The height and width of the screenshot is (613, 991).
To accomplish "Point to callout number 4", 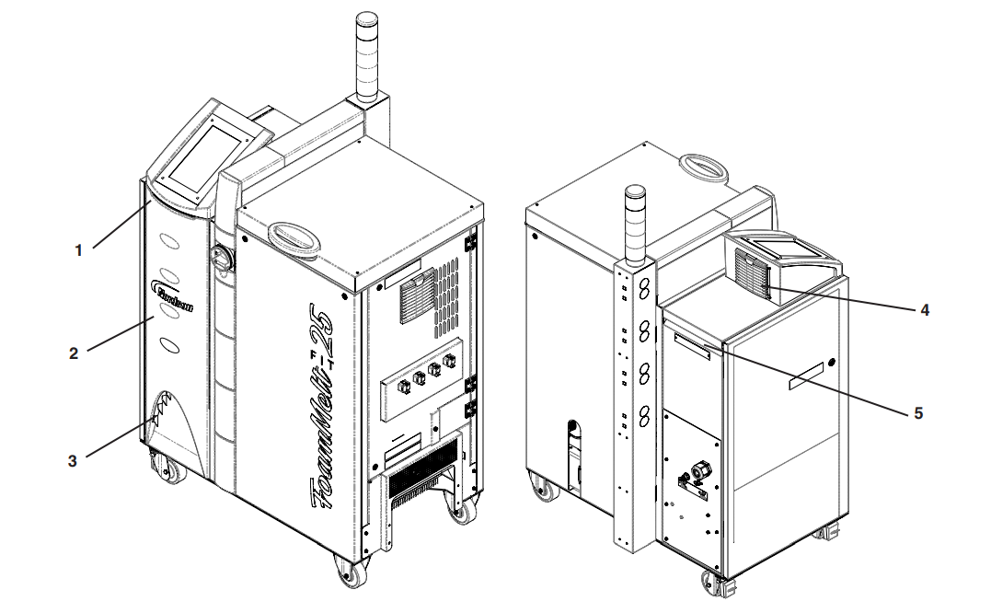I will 924,310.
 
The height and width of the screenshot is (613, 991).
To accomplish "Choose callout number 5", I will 917,413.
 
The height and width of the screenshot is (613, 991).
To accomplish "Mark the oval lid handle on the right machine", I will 704,166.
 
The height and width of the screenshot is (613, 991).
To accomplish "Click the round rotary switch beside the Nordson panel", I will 222,259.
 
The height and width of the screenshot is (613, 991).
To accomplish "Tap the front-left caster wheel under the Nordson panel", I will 168,470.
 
